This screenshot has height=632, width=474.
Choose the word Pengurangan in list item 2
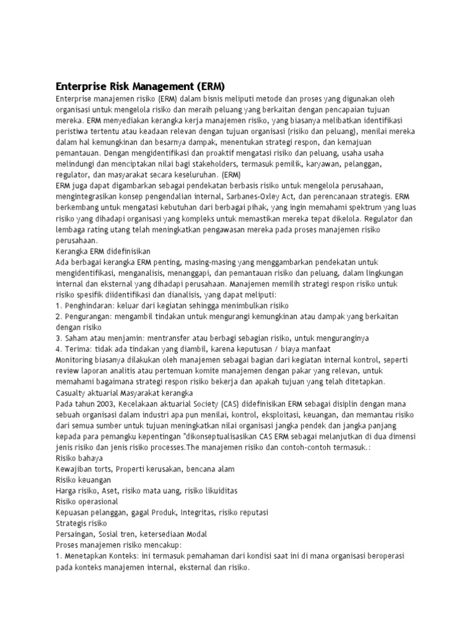tap(93, 317)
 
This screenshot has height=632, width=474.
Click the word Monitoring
tap(77, 360)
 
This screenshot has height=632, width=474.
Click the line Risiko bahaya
tap(80, 458)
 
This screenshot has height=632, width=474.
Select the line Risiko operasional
tap(87, 502)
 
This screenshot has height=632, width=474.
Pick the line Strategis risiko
tap(81, 523)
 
